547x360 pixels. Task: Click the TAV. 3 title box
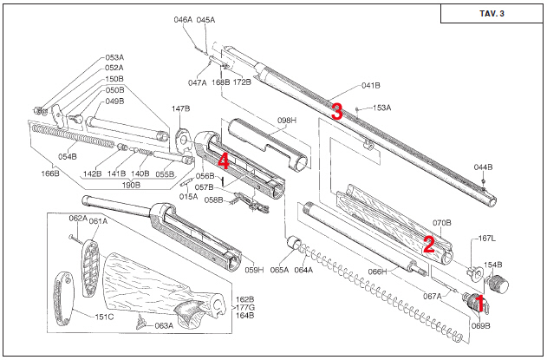pos(492,14)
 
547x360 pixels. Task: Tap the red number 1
pos(479,303)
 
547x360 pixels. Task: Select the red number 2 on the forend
pos(429,245)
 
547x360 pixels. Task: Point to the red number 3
pos(336,111)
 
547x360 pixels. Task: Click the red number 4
pos(224,161)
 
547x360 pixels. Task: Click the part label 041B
pos(370,86)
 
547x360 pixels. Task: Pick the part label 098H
pos(287,121)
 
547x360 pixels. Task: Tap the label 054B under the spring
pos(68,157)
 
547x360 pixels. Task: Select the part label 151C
pos(104,317)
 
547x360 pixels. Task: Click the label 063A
pos(164,326)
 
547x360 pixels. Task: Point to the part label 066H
pos(378,272)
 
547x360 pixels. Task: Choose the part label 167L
pos(486,239)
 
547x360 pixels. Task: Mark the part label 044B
pos(483,167)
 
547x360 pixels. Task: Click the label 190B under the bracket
pos(131,185)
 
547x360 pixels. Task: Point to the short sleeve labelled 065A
pos(295,243)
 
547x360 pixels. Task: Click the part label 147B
pos(180,109)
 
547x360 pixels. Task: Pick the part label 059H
pos(254,270)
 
